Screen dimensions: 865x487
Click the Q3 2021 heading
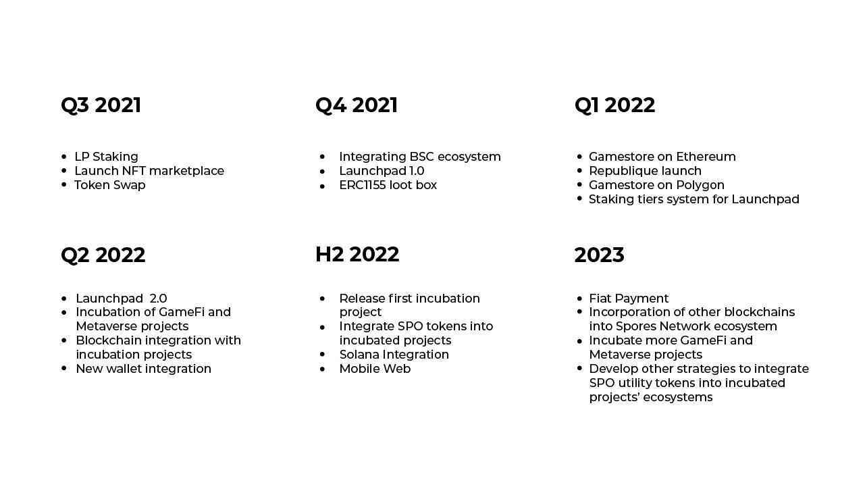point(101,105)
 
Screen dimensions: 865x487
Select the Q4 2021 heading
point(357,105)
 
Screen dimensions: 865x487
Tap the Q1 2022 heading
point(614,105)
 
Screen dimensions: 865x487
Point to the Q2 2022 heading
point(103,255)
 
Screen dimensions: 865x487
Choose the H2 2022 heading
point(357,255)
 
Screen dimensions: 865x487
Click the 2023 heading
point(600,255)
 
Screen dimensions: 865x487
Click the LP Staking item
point(106,157)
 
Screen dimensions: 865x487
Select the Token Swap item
point(110,185)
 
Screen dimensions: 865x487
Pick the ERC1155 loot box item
point(388,185)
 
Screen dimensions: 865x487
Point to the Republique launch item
point(646,171)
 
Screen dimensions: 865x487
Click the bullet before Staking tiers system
point(579,199)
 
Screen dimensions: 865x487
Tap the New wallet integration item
point(144,369)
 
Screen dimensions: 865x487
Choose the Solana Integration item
point(394,355)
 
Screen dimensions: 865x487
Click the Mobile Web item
point(375,369)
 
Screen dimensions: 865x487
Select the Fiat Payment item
point(629,299)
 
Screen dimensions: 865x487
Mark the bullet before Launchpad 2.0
point(64,298)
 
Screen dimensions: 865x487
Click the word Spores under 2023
point(636,327)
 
